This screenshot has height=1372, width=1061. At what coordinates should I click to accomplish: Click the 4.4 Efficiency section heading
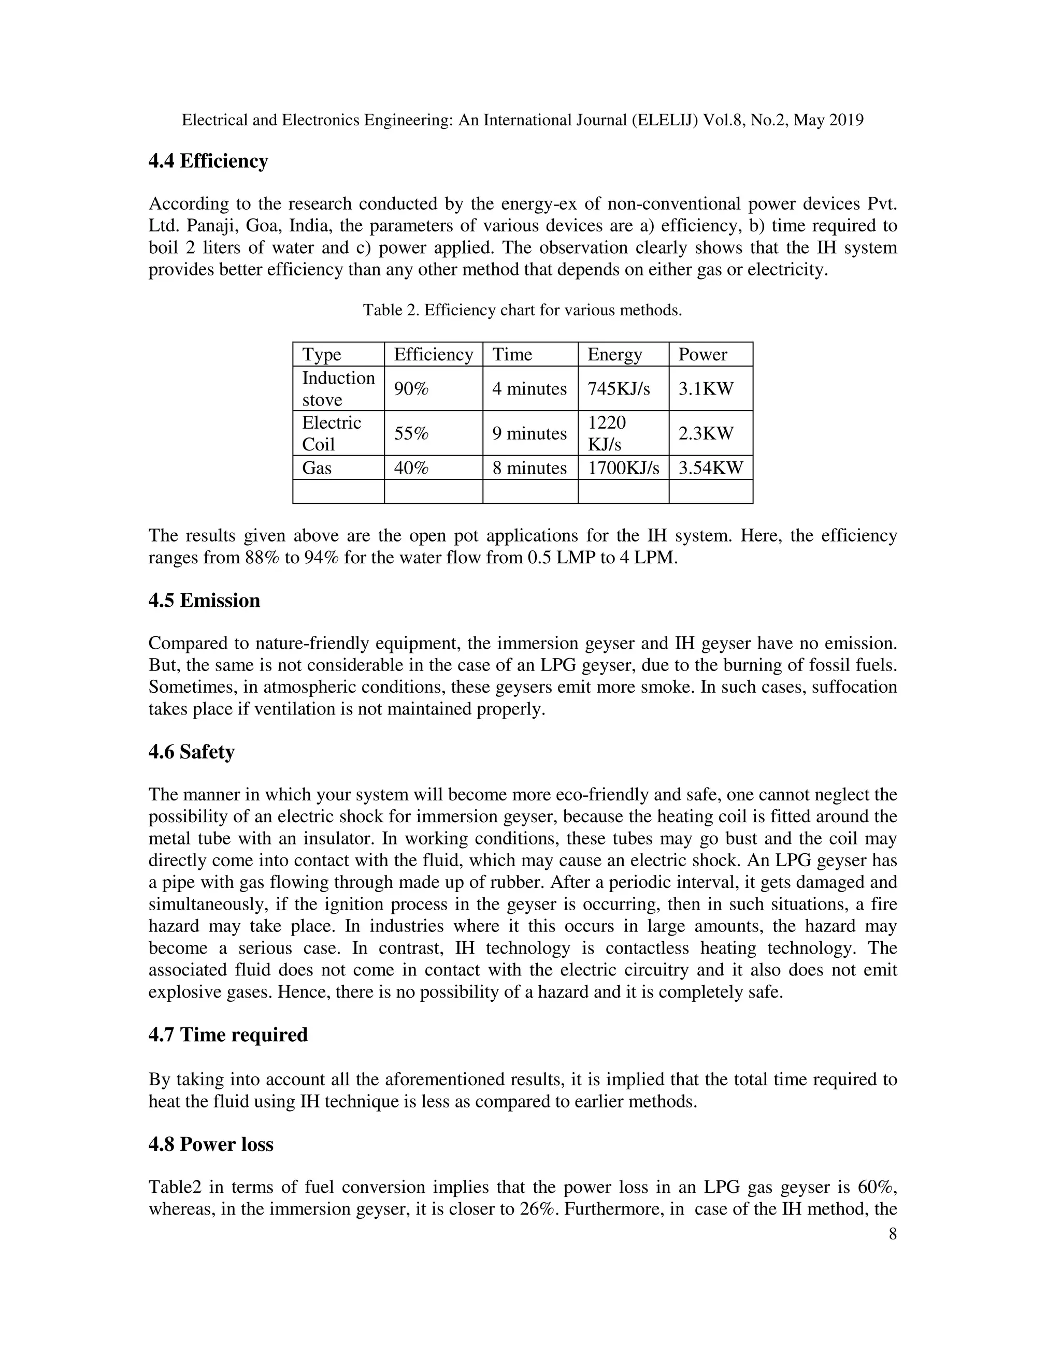pos(208,162)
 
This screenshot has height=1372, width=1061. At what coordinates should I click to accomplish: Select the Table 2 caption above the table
pos(522,310)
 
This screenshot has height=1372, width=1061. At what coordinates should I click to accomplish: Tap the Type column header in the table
pos(321,355)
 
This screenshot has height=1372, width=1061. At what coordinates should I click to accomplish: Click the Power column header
pos(702,355)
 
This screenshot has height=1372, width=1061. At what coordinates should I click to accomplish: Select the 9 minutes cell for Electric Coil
pos(529,433)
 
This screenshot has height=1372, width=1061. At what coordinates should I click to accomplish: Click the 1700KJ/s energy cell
pos(623,468)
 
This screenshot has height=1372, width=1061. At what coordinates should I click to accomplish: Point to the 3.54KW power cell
pos(710,468)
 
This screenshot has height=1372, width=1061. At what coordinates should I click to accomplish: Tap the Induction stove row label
pos(338,389)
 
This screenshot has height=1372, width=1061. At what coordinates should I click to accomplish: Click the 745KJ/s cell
pos(619,389)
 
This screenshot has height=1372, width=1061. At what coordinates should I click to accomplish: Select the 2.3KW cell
pos(705,433)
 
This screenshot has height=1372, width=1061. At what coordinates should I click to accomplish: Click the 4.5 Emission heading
pos(204,601)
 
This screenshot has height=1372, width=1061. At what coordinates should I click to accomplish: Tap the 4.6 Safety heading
pos(191,752)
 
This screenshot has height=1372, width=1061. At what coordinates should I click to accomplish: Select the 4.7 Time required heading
pos(228,1034)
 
